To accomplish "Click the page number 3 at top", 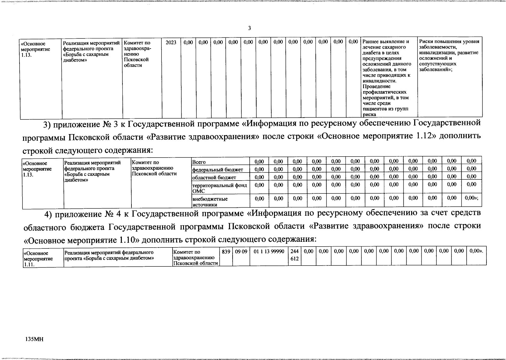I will (249, 28).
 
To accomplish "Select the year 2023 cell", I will (171, 43).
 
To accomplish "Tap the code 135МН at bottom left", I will (35, 339).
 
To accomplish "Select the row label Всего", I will (199, 162).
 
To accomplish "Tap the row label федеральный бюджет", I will (218, 170).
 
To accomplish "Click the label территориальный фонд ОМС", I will (219, 188).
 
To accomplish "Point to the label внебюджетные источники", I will (210, 202).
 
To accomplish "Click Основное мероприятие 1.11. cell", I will (38, 258).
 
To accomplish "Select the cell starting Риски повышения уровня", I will (449, 55).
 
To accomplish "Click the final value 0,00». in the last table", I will (476, 251).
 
